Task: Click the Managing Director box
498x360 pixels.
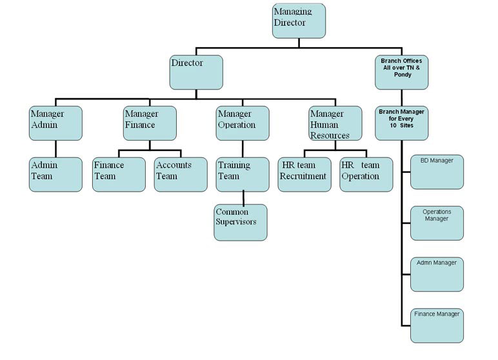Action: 299,21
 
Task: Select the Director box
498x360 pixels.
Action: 196,72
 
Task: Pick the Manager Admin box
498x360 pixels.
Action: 55,123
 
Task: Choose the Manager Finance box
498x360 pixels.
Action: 150,123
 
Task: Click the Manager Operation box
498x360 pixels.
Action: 242,123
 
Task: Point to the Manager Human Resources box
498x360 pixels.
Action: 334,123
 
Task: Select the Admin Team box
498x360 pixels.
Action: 55,174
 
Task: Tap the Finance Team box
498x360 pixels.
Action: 119,174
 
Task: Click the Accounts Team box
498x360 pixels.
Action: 181,174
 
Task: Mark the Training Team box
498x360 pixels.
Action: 242,174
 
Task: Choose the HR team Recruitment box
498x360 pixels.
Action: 304,174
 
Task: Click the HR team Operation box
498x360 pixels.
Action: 366,174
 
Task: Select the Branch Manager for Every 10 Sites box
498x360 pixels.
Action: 402,123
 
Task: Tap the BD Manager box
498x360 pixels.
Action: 437,171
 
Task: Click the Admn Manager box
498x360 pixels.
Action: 437,274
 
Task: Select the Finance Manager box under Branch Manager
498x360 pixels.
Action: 437,326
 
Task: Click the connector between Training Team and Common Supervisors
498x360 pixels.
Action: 243,198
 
